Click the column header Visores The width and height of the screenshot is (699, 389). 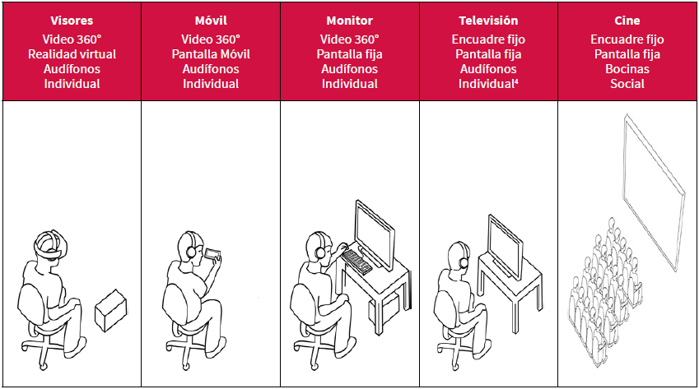72,20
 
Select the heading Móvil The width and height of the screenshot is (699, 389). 211,20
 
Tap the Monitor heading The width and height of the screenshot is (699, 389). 349,20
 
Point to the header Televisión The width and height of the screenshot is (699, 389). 489,20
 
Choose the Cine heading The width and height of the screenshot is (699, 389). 627,20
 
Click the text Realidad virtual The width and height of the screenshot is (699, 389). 72,54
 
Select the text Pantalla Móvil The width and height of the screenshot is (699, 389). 211,54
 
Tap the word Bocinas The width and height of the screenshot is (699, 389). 627,69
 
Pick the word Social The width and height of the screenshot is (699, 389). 627,84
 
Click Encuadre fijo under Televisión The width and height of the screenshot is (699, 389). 489,39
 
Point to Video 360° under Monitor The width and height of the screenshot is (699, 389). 349,39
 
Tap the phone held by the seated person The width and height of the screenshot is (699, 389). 214,254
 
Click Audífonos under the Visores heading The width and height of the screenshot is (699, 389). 72,69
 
